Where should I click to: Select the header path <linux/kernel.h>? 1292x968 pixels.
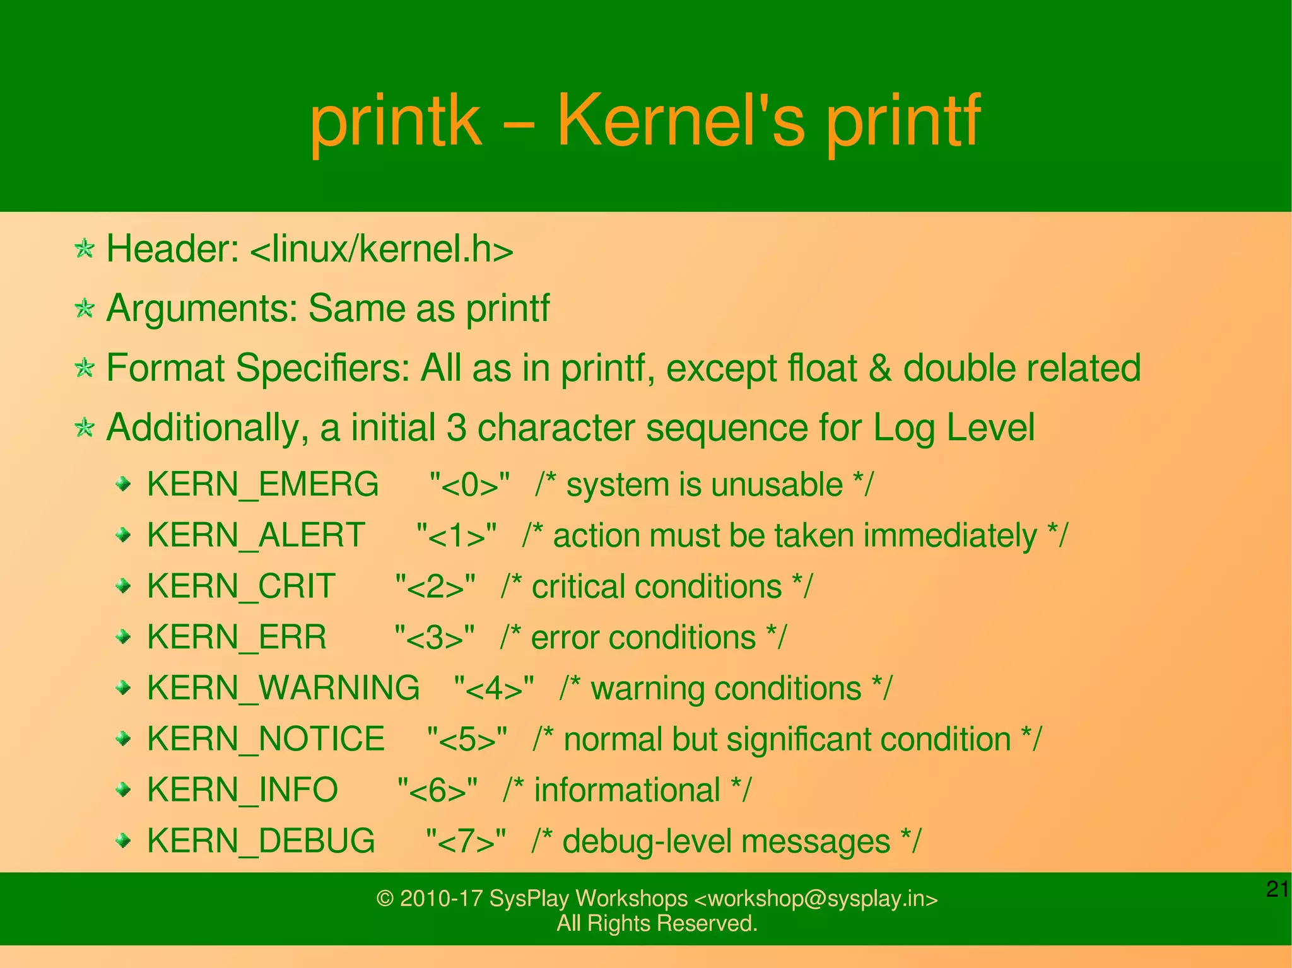382,249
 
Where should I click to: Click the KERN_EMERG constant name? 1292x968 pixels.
262,484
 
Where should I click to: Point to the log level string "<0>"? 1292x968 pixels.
469,484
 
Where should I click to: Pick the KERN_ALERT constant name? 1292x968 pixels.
255,535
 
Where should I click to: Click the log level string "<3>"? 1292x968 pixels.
434,638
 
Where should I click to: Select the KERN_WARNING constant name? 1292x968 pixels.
283,688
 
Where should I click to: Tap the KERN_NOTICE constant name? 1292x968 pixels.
266,739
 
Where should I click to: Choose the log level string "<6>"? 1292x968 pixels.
437,790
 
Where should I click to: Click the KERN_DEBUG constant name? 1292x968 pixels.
261,841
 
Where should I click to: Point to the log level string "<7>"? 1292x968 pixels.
466,841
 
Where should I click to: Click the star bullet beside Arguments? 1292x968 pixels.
84,308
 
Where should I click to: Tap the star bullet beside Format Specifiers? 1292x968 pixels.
84,368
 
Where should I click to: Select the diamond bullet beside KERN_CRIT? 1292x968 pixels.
124,587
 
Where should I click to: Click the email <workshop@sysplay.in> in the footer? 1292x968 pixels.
816,899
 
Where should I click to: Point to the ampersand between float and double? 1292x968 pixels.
880,368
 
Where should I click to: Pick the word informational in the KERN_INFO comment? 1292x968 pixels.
626,790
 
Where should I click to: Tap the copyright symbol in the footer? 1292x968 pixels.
385,899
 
